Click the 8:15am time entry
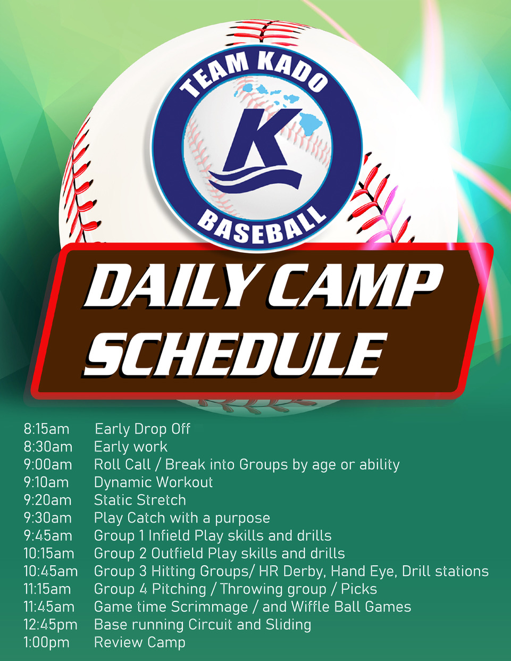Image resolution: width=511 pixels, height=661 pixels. pos(47,429)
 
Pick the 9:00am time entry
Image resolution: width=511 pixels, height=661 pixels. pos(48,464)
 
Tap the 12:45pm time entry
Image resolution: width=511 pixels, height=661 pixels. pos(51,624)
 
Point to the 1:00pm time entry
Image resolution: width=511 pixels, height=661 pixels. pos(47,642)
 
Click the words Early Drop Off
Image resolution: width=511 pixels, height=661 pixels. pos(143,429)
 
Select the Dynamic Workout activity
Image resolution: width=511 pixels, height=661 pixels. pos(153,482)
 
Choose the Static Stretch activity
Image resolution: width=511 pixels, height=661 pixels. pos(140,500)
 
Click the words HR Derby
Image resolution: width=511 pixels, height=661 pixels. pos(292,572)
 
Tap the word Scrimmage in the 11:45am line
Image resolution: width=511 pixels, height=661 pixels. pos(210,607)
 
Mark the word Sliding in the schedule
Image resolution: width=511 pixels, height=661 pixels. pos(288,625)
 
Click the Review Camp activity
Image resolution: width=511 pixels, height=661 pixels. pos(140,643)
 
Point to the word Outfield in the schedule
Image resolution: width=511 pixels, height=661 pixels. pos(177,554)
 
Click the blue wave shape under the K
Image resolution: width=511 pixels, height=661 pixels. pos(255,181)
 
